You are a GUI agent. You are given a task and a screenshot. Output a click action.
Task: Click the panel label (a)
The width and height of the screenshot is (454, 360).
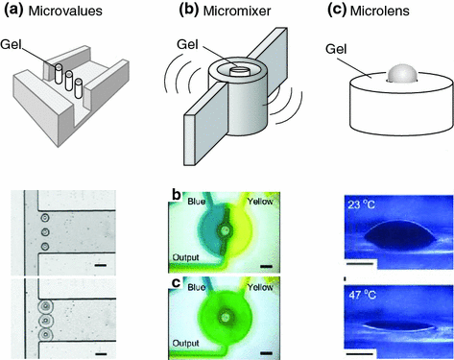coord(21,13)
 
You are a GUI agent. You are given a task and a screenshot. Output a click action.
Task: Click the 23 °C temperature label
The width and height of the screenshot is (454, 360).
coord(363,204)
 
